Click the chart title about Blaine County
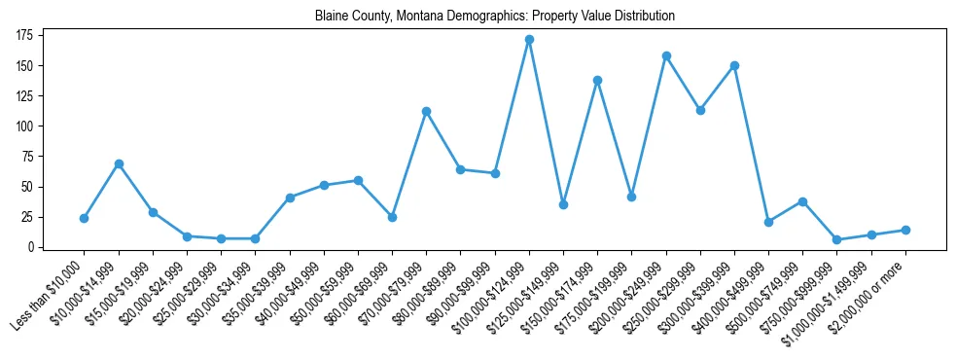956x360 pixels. [494, 16]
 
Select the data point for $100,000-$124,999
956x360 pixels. [529, 40]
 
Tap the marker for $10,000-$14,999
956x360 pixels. [119, 163]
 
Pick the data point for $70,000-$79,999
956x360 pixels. [426, 111]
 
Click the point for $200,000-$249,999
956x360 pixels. [666, 55]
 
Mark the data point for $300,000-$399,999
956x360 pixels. [734, 65]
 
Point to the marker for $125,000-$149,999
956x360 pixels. [563, 204]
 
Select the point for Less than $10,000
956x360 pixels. [85, 218]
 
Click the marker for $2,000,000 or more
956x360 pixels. [905, 230]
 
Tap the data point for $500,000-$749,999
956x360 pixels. [802, 201]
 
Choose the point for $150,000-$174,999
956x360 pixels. [597, 80]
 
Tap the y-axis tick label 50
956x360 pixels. [28, 187]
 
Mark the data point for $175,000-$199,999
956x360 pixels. [631, 197]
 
